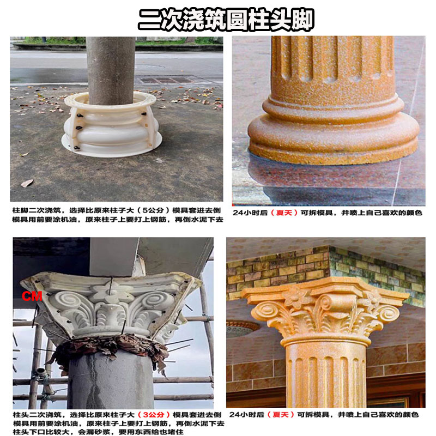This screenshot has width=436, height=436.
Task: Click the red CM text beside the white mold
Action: (28, 297)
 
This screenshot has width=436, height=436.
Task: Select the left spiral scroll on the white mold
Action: (68, 302)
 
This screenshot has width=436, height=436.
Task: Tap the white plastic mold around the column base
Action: (111, 124)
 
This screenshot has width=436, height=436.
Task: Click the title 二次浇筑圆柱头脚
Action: (225, 20)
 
